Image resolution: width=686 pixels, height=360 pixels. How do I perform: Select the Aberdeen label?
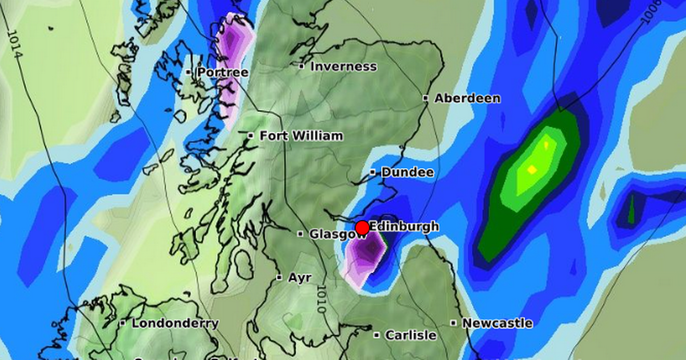(467, 98)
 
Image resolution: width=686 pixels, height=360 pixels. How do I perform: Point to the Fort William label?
(301, 136)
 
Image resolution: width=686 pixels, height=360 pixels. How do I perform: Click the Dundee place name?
(407, 172)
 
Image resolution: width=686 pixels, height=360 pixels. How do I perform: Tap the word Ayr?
(300, 278)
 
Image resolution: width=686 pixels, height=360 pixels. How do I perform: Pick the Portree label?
(222, 73)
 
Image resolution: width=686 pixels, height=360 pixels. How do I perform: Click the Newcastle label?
(497, 323)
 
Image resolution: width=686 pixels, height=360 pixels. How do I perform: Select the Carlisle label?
(410, 335)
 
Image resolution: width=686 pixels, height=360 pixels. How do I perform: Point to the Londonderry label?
(175, 323)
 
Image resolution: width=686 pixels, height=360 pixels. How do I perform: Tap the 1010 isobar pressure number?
(320, 299)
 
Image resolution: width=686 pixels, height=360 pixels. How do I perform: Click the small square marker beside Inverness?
(302, 66)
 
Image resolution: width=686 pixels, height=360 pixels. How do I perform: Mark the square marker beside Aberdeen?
(426, 98)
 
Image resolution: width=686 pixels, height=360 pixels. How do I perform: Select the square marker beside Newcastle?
(453, 323)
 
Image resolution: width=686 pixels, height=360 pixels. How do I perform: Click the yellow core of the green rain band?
(532, 169)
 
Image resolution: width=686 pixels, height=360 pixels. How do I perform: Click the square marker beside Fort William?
(251, 135)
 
